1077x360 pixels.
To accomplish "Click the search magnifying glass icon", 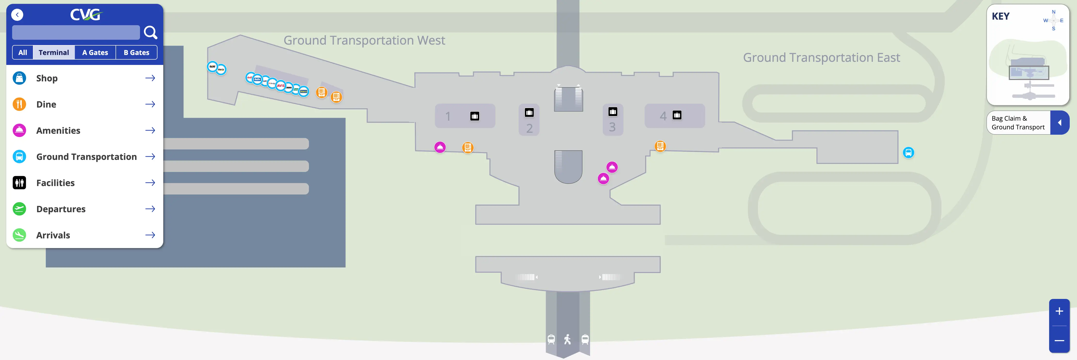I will (150, 32).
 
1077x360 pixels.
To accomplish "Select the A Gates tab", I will (95, 53).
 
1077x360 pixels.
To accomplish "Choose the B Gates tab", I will (136, 53).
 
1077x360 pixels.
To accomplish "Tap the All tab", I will (23, 53).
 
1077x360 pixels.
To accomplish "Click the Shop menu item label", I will (47, 78).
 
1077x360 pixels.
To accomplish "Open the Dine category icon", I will (19, 104).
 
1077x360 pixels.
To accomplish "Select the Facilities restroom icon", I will (19, 183).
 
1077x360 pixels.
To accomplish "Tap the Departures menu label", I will (61, 209).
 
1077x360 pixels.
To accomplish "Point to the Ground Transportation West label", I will (364, 40).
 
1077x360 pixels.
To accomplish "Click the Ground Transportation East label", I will (821, 58).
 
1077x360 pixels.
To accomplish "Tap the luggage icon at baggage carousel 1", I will (475, 116).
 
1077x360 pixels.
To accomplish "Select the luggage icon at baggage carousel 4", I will (677, 115).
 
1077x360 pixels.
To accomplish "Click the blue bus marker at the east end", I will (908, 153).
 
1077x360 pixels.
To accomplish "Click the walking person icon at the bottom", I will (567, 339).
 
